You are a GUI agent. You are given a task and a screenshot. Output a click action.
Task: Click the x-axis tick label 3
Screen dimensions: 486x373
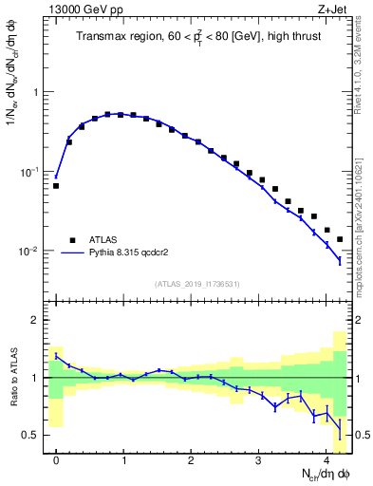coord(259,460)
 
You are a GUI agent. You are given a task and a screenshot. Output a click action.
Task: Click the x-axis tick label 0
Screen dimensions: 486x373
coord(56,460)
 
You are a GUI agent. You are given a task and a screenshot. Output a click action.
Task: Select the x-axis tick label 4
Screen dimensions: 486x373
coord(326,460)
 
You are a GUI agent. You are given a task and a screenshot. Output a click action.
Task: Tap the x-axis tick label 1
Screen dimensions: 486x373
coord(123,460)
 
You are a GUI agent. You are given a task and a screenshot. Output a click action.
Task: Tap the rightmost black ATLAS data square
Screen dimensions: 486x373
coord(340,239)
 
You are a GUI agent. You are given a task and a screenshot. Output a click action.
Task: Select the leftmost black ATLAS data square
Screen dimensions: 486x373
coord(56,186)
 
